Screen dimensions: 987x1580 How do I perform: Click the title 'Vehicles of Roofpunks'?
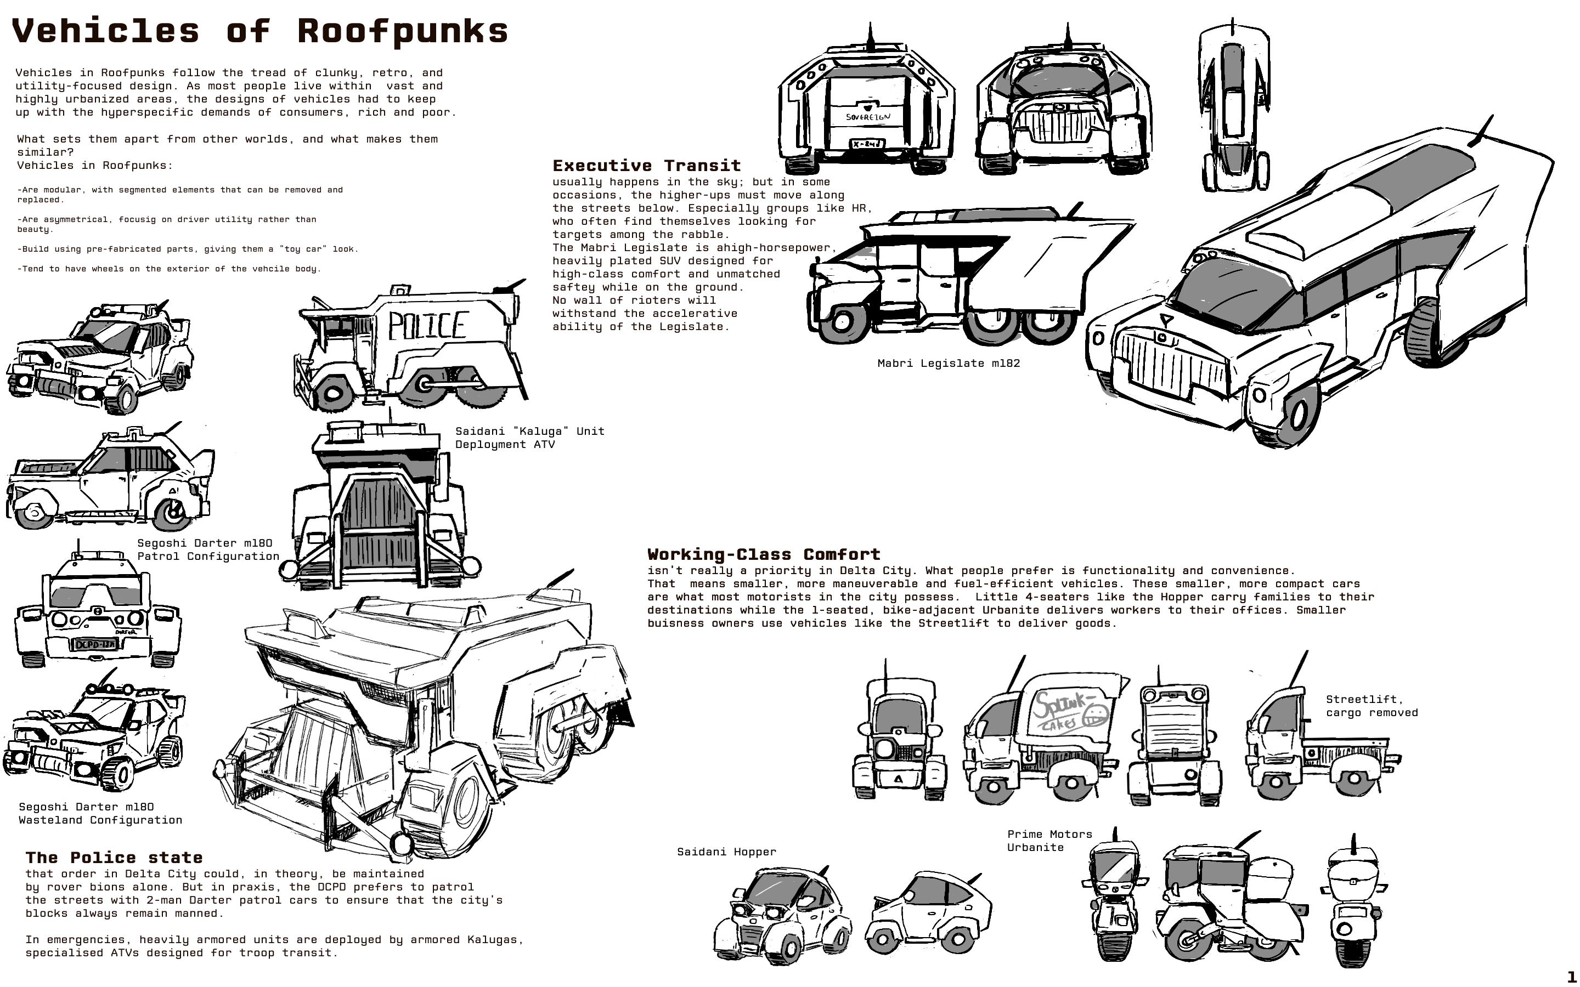[x=260, y=31]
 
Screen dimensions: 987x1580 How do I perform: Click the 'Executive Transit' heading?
[x=646, y=166]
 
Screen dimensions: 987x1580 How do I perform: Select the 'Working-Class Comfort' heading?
[x=764, y=555]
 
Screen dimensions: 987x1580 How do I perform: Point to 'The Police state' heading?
[x=114, y=858]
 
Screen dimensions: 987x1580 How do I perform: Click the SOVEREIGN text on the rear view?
[x=868, y=117]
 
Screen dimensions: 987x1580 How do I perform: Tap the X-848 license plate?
[x=866, y=144]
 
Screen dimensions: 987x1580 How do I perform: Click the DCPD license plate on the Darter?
[x=95, y=645]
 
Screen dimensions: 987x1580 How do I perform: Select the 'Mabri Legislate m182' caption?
[x=948, y=364]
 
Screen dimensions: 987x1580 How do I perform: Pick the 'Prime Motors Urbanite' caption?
[x=1049, y=841]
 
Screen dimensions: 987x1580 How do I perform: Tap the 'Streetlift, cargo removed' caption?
[x=1372, y=706]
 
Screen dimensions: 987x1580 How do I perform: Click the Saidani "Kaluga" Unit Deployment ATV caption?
[x=529, y=438]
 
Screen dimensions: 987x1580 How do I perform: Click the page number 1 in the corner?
[x=1571, y=977]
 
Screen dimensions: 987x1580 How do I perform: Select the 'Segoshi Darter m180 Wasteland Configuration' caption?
[x=100, y=813]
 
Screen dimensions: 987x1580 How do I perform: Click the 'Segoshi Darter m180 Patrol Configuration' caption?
[x=207, y=549]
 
